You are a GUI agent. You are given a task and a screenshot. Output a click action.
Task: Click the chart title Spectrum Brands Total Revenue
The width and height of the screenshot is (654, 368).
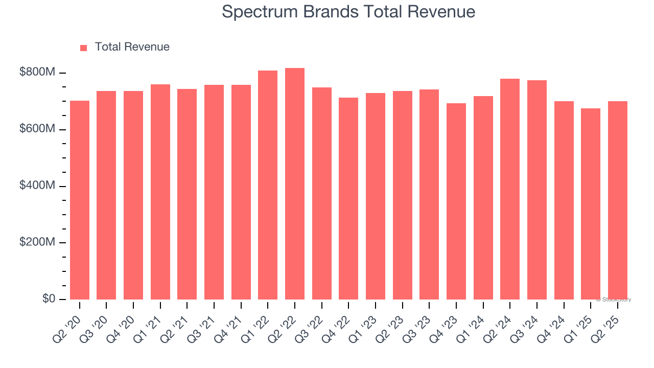click(348, 12)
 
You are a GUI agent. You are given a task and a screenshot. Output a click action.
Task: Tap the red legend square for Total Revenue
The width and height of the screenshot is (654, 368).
click(84, 48)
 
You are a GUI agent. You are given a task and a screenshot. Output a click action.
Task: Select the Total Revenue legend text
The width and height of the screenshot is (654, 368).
click(132, 47)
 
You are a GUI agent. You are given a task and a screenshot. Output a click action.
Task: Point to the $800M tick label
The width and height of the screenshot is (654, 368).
click(37, 73)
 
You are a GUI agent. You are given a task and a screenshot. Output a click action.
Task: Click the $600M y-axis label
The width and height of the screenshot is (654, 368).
click(37, 129)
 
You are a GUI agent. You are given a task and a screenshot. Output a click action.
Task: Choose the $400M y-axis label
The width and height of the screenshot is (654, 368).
click(37, 186)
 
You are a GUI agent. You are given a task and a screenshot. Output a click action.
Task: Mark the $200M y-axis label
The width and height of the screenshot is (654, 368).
click(37, 242)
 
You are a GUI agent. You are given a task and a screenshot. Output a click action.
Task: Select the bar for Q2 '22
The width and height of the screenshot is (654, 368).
click(295, 184)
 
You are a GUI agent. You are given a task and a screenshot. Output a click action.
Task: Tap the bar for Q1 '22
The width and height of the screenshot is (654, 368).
click(268, 185)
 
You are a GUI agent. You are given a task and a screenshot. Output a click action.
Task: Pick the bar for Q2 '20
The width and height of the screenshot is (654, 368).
click(80, 200)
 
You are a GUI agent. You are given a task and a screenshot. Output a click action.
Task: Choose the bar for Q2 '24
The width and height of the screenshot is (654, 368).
click(510, 189)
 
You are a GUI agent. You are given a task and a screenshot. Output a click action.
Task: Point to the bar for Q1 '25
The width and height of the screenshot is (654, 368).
click(591, 204)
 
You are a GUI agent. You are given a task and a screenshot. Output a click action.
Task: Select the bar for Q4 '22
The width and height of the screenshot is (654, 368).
click(348, 198)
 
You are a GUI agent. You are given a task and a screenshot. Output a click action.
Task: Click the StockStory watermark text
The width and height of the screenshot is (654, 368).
click(614, 300)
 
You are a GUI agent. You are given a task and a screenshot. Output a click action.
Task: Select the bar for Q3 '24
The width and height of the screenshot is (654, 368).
click(537, 190)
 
